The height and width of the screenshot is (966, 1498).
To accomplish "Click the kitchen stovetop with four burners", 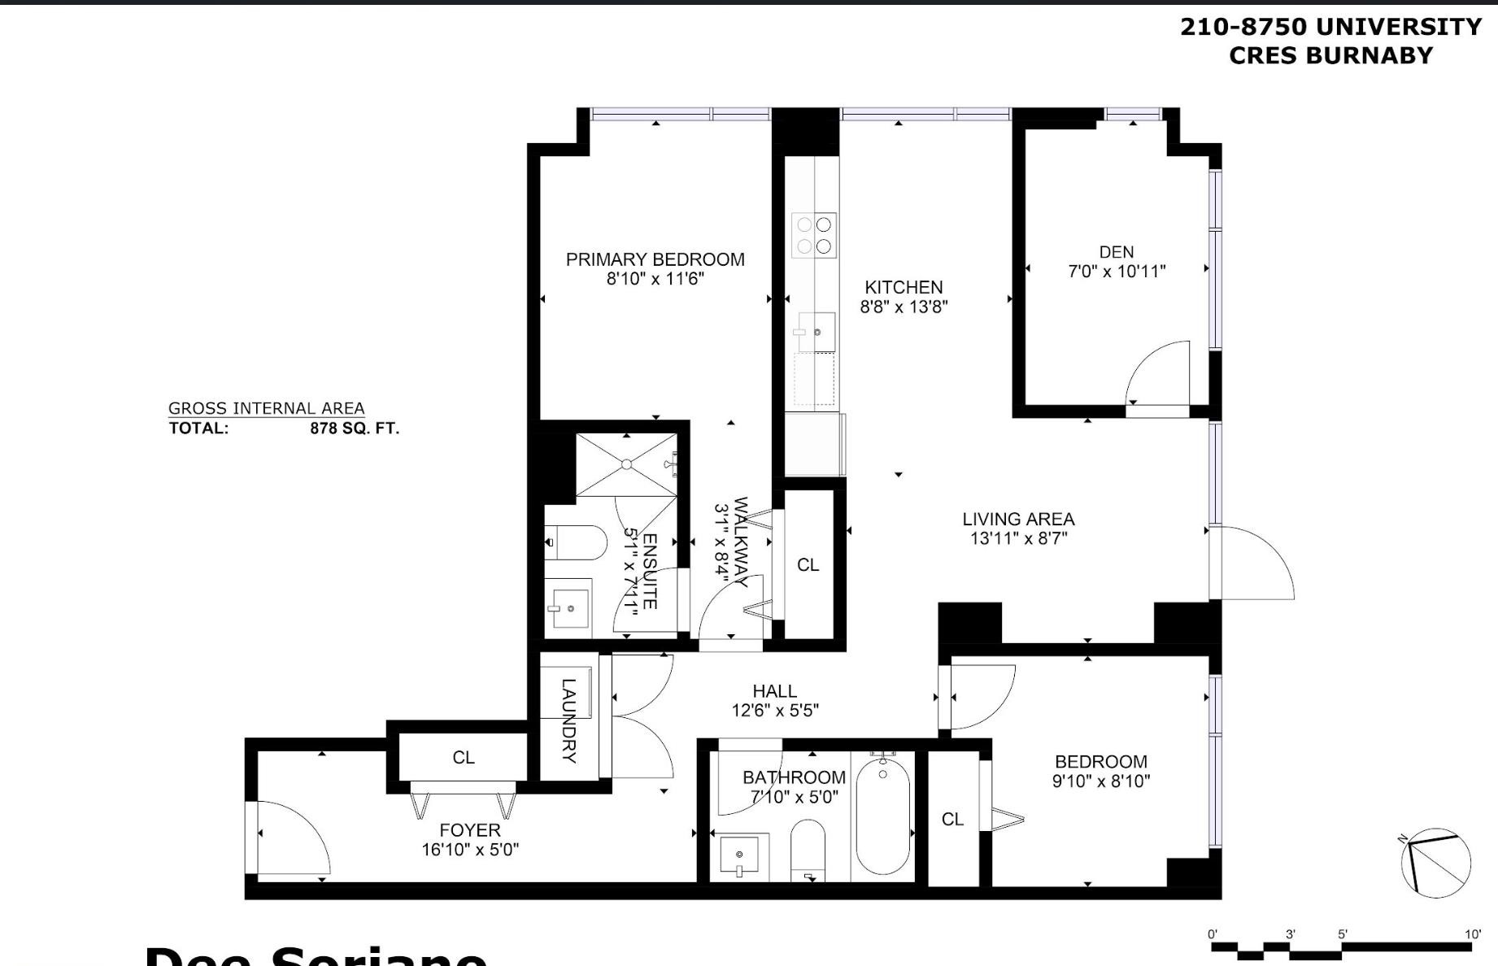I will [814, 235].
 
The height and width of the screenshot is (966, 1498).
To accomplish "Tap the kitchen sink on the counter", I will [816, 332].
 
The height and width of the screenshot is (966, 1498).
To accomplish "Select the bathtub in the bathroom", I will [882, 816].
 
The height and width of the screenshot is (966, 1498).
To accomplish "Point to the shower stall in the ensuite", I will [626, 465].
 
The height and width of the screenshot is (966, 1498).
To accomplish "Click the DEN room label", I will [1116, 252].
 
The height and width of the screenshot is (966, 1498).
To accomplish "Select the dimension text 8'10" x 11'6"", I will [655, 279].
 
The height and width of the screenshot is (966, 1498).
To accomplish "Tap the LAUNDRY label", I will [568, 720].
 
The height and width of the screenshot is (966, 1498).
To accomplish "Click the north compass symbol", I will [1435, 864].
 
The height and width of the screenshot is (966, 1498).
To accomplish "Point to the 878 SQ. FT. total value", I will [355, 429].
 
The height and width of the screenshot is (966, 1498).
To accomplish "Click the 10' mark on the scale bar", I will [1472, 934].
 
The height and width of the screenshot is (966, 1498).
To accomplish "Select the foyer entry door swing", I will [293, 838].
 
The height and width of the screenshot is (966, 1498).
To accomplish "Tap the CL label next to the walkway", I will [808, 565].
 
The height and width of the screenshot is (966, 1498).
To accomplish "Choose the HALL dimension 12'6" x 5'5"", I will [774, 711].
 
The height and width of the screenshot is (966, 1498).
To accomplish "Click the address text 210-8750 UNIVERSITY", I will [1330, 27].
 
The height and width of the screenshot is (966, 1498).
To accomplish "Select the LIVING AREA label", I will [1018, 519].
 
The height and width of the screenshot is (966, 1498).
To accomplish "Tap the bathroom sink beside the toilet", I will [739, 855].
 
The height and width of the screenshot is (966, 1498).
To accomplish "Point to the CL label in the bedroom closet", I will [952, 820].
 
